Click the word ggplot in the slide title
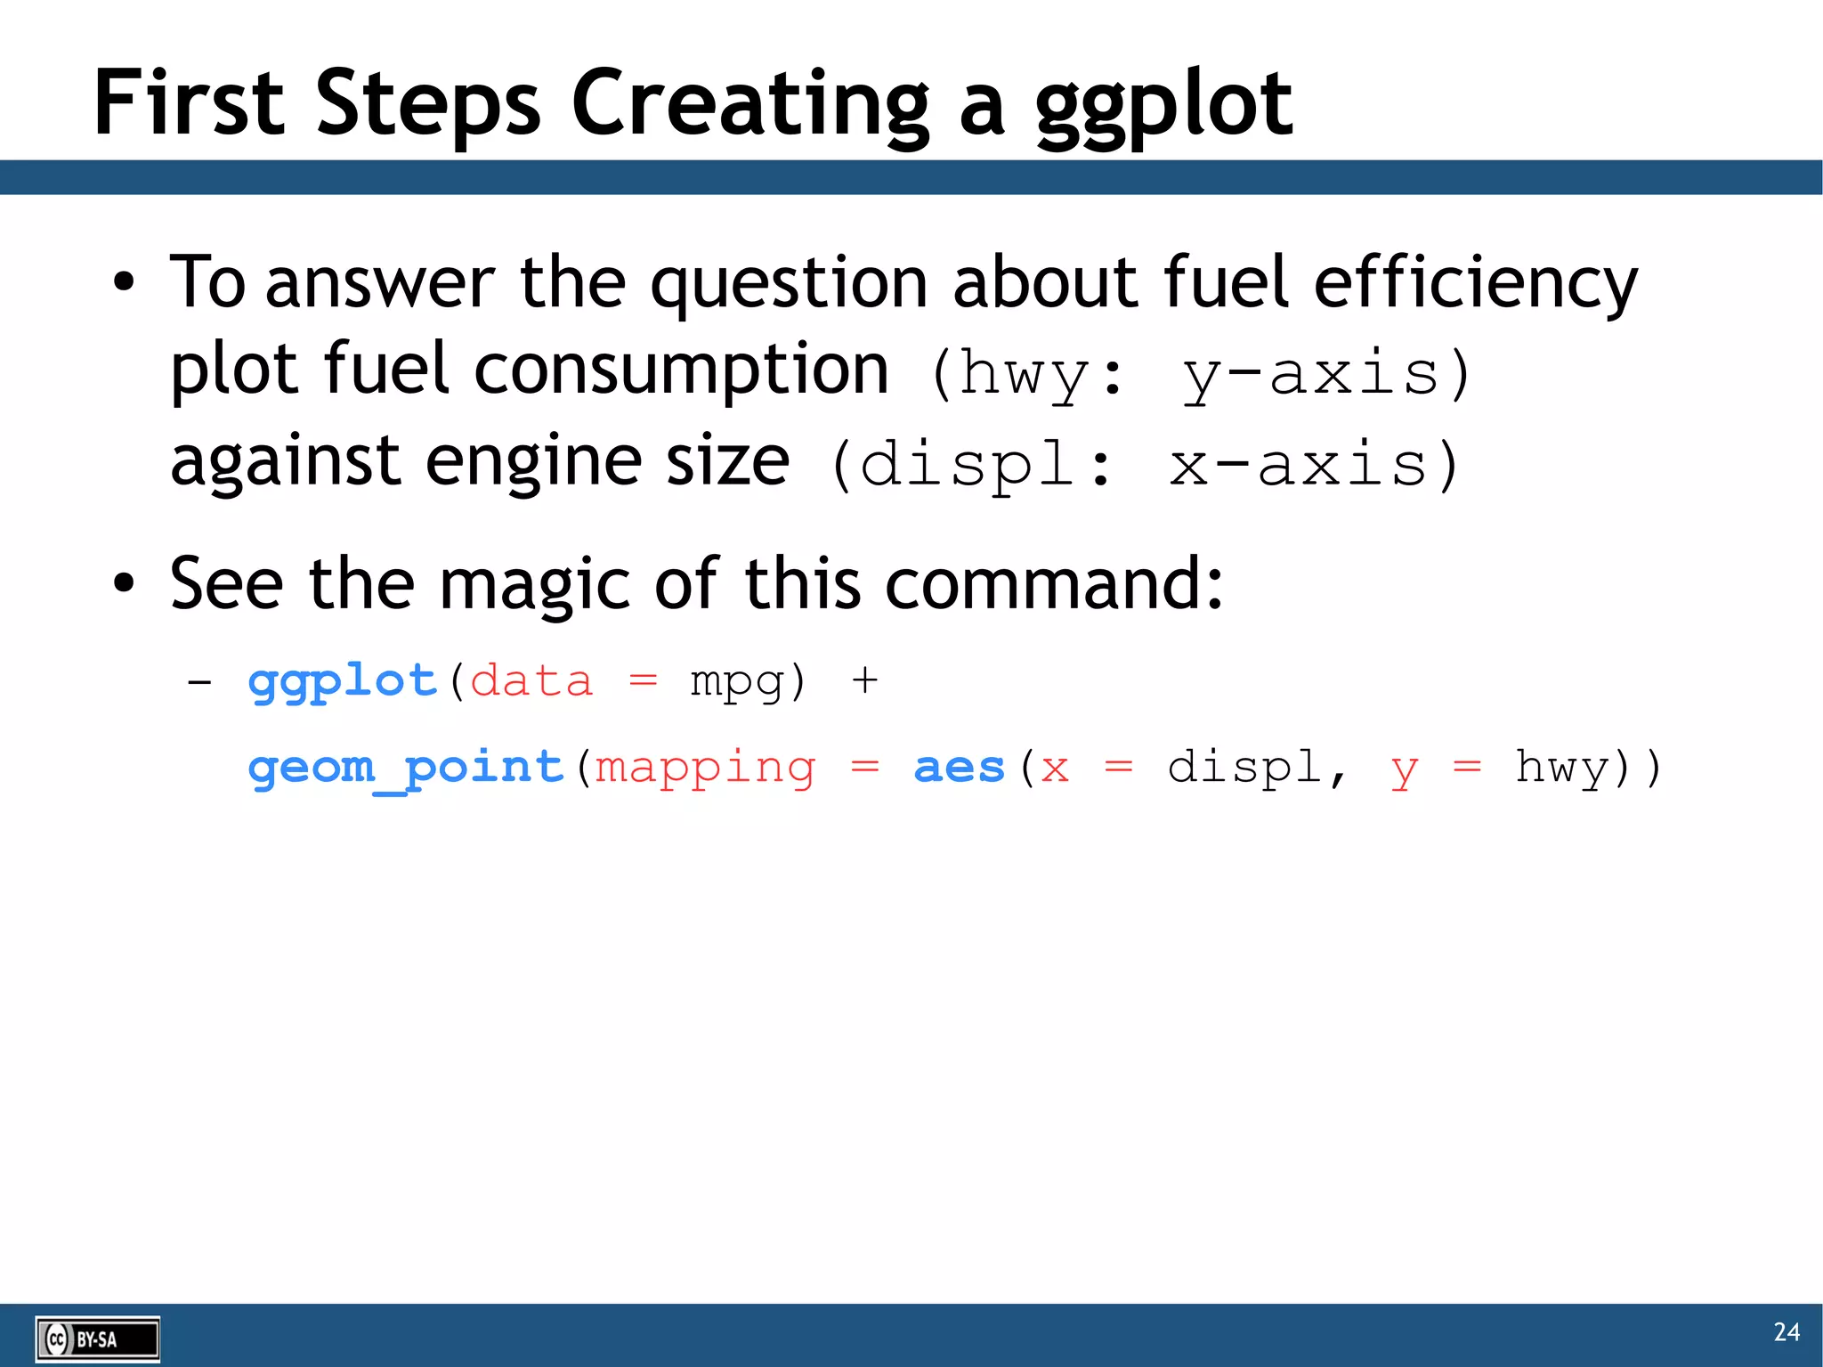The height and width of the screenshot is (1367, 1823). coord(1163,105)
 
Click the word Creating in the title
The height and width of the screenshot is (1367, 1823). coord(749,105)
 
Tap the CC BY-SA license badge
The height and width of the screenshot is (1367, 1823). coord(98,1339)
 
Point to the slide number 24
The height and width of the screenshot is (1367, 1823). coord(1786,1332)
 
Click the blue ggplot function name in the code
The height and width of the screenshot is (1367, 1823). coord(343,683)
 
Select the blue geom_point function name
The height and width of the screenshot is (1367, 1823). coord(406,768)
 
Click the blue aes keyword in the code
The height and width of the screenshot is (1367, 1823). coord(959,768)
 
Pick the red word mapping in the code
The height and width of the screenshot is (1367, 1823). coord(704,768)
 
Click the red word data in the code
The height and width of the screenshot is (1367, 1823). coord(531,683)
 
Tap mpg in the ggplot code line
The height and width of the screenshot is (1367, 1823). coord(737,683)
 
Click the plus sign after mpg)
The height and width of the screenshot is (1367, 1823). coord(864,683)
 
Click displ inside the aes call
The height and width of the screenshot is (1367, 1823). coord(1244,768)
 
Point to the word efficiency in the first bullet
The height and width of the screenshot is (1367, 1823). coord(1475,283)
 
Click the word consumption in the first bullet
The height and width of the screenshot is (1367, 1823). coord(681,370)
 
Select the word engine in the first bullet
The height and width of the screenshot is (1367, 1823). coord(532,462)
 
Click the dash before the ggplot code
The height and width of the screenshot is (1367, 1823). coord(199,683)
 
